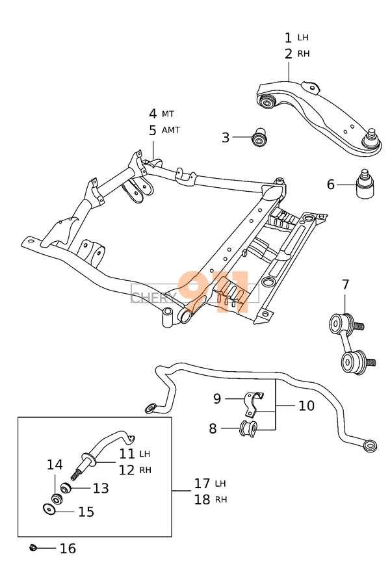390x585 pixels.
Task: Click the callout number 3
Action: point(226,138)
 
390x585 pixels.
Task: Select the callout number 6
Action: point(331,185)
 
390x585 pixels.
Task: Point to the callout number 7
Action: point(345,285)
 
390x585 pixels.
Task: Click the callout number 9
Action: point(217,398)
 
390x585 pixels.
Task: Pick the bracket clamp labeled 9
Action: point(253,404)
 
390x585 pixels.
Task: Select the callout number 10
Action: point(306,406)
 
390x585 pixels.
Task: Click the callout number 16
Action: point(68,549)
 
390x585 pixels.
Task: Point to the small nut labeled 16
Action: point(33,548)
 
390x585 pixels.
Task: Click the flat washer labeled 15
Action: point(49,509)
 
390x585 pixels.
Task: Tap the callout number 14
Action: point(55,465)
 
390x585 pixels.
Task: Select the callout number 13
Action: point(101,488)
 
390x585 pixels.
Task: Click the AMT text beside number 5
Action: point(170,130)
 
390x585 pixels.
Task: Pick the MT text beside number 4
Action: point(168,113)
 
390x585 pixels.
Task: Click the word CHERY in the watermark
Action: point(154,297)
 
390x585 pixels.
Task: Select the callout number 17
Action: point(202,484)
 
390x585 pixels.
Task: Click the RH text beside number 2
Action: point(304,54)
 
